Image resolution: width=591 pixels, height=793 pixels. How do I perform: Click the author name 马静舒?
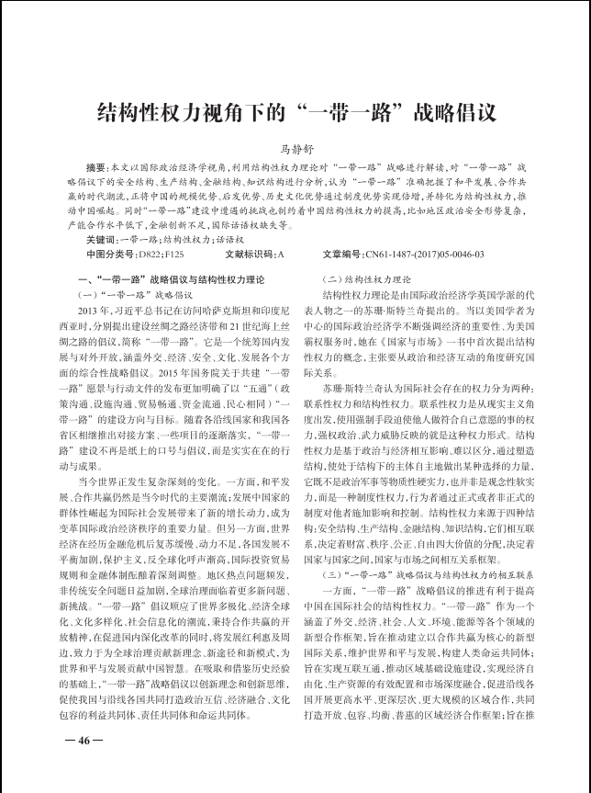coord(295,147)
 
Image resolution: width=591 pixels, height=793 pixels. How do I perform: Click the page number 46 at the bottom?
coord(84,740)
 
